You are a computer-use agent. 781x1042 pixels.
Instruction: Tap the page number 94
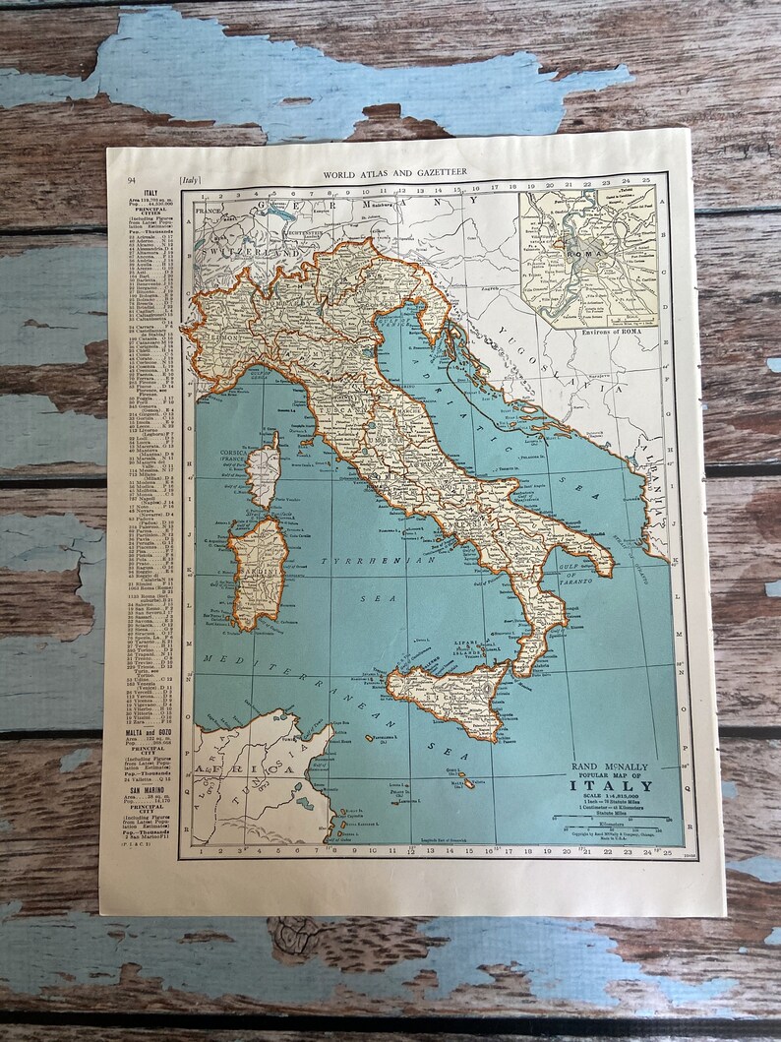click(x=131, y=180)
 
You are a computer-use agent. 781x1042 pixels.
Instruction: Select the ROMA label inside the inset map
click(x=579, y=250)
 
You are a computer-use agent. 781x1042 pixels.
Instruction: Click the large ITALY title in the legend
click(x=622, y=786)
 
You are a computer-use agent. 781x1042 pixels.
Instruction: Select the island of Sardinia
click(x=258, y=571)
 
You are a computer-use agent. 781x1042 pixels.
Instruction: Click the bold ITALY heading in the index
click(x=150, y=193)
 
